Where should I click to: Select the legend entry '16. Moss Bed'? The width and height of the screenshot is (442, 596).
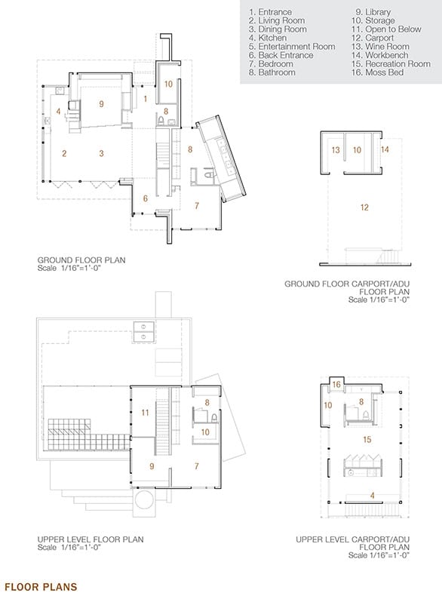(377, 72)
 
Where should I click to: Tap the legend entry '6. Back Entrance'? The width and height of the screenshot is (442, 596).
(281, 55)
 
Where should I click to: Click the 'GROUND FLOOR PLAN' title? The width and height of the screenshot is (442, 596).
(81, 260)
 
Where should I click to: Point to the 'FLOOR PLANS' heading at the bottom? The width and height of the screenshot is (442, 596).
(41, 587)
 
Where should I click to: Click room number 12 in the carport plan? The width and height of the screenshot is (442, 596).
(364, 207)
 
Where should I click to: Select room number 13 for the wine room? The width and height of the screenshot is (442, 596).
(335, 150)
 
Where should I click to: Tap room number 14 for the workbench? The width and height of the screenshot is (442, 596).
(385, 149)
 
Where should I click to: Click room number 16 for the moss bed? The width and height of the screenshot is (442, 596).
(336, 385)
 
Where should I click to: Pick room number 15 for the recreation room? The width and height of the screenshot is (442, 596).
(367, 439)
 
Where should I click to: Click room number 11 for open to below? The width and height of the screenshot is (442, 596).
(145, 413)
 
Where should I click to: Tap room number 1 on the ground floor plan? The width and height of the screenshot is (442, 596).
(145, 99)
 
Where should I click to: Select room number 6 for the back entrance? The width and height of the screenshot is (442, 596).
(145, 198)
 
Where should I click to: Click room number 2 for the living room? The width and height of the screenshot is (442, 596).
(64, 153)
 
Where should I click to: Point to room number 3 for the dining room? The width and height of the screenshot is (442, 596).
(101, 153)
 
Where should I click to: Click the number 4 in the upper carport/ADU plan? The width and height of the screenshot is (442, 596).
(373, 495)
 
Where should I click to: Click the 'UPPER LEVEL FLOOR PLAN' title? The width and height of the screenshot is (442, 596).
(91, 539)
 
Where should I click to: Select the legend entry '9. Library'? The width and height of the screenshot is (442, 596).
(373, 12)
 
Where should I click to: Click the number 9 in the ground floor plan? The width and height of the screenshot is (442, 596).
(101, 104)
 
